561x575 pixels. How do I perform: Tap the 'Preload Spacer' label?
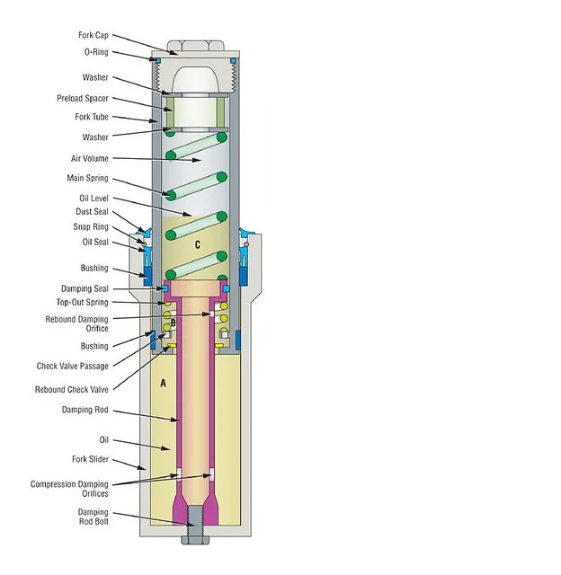click(x=83, y=98)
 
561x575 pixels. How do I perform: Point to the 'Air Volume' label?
click(x=89, y=158)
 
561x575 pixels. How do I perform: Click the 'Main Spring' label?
click(x=88, y=179)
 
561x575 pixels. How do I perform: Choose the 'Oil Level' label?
click(x=93, y=198)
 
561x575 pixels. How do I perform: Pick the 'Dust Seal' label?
click(x=92, y=212)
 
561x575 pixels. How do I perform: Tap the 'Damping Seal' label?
click(x=85, y=288)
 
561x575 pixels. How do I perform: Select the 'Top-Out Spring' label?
click(x=82, y=303)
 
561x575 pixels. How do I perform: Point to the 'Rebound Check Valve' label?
click(x=72, y=389)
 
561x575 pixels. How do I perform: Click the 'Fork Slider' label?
click(x=90, y=458)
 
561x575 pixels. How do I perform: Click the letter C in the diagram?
click(x=197, y=244)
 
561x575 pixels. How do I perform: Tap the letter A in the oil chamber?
click(x=163, y=383)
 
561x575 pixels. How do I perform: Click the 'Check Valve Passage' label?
click(x=72, y=366)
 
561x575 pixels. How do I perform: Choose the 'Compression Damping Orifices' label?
click(x=69, y=489)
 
